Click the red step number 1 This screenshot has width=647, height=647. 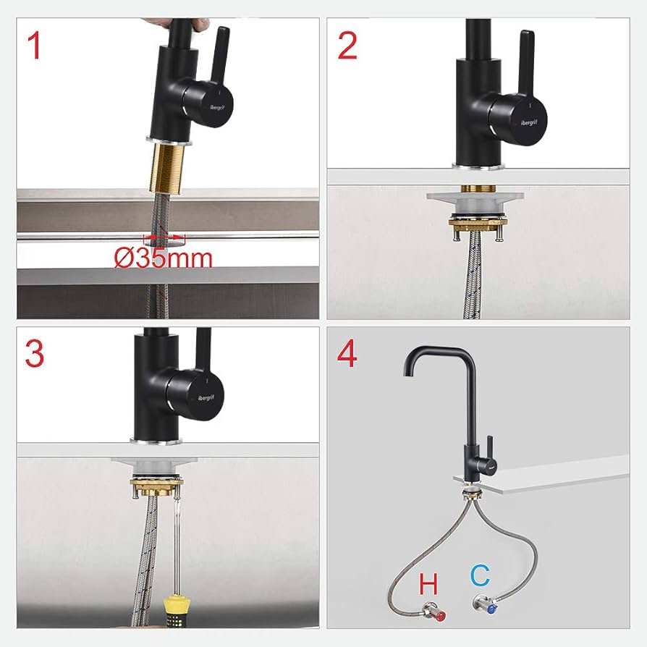point(34,46)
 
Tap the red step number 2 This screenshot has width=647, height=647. point(347,46)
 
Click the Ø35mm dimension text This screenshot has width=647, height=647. point(163,258)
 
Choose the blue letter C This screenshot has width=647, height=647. point(479,577)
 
